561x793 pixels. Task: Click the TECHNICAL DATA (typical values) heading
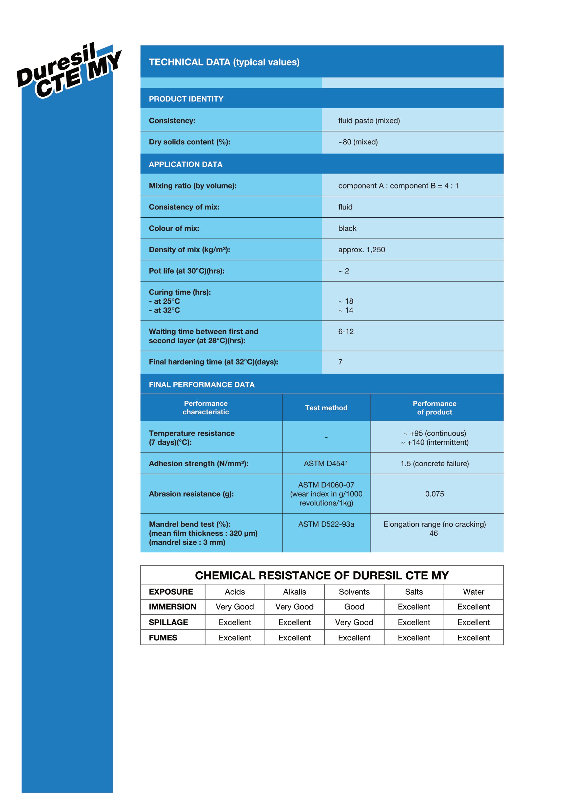tap(224, 62)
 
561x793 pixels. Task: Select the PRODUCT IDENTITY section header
tap(186, 99)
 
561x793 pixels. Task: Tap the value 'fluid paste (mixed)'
tap(369, 121)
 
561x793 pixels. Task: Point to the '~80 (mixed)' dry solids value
tap(357, 142)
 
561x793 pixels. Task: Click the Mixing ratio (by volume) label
tap(192, 186)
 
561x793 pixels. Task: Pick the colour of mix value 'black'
tap(347, 228)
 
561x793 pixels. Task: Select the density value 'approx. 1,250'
tap(361, 250)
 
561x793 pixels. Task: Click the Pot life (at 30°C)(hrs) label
tap(187, 271)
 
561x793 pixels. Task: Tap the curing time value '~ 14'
tap(345, 311)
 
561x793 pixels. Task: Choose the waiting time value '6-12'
tap(345, 332)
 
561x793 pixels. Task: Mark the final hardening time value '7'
tap(340, 362)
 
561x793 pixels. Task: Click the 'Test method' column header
tap(326, 408)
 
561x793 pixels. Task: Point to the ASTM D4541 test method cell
tap(326, 463)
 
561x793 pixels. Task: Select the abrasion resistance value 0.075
tap(434, 494)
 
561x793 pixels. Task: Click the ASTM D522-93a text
tap(326, 524)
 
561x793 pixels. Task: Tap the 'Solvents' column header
tap(354, 592)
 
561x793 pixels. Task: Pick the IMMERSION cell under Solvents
tap(354, 607)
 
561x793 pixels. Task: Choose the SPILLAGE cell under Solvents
tap(354, 622)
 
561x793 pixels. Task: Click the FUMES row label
tap(163, 638)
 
